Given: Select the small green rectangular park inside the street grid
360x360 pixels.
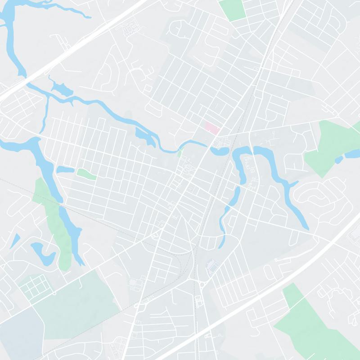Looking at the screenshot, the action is (x=86, y=174).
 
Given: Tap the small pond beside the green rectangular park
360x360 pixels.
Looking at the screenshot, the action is (x=65, y=170).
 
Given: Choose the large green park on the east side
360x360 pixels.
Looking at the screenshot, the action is (x=331, y=146).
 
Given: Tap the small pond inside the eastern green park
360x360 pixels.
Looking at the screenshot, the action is (x=339, y=160).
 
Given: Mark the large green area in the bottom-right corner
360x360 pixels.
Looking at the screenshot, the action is (x=315, y=324).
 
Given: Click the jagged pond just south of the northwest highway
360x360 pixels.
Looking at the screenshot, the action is (x=61, y=88).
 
